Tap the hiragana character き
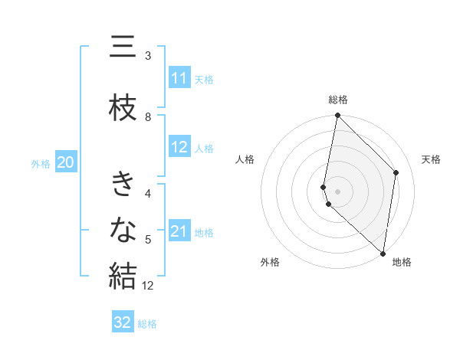pos(123,185)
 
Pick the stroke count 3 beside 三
pos(148,56)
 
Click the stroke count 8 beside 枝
pos(148,116)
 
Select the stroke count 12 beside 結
pos(149,286)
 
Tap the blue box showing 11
pos(179,78)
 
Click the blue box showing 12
pos(179,147)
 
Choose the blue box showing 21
pos(179,231)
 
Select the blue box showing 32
pos(123,322)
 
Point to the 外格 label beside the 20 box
pos(41,163)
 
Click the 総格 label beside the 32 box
pos(147,324)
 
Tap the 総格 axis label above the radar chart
pos(338,100)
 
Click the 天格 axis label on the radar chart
pos(431,159)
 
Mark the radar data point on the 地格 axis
pos(383,254)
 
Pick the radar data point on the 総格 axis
pos(338,116)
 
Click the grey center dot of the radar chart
pos(338,191)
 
